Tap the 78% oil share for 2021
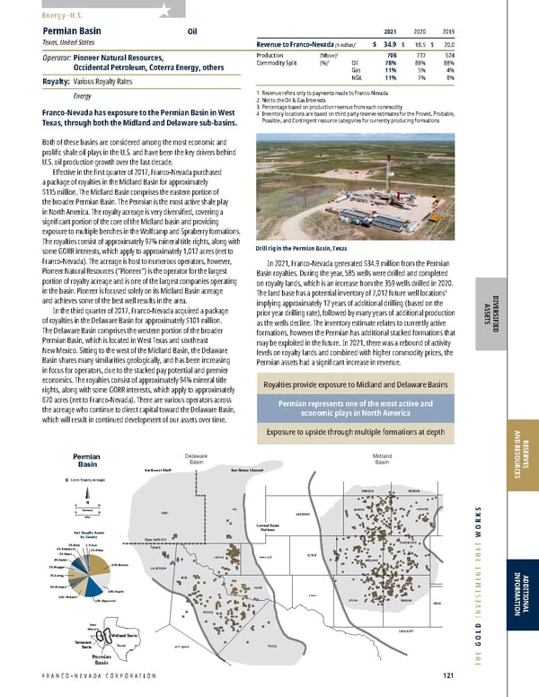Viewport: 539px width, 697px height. click(391, 62)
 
